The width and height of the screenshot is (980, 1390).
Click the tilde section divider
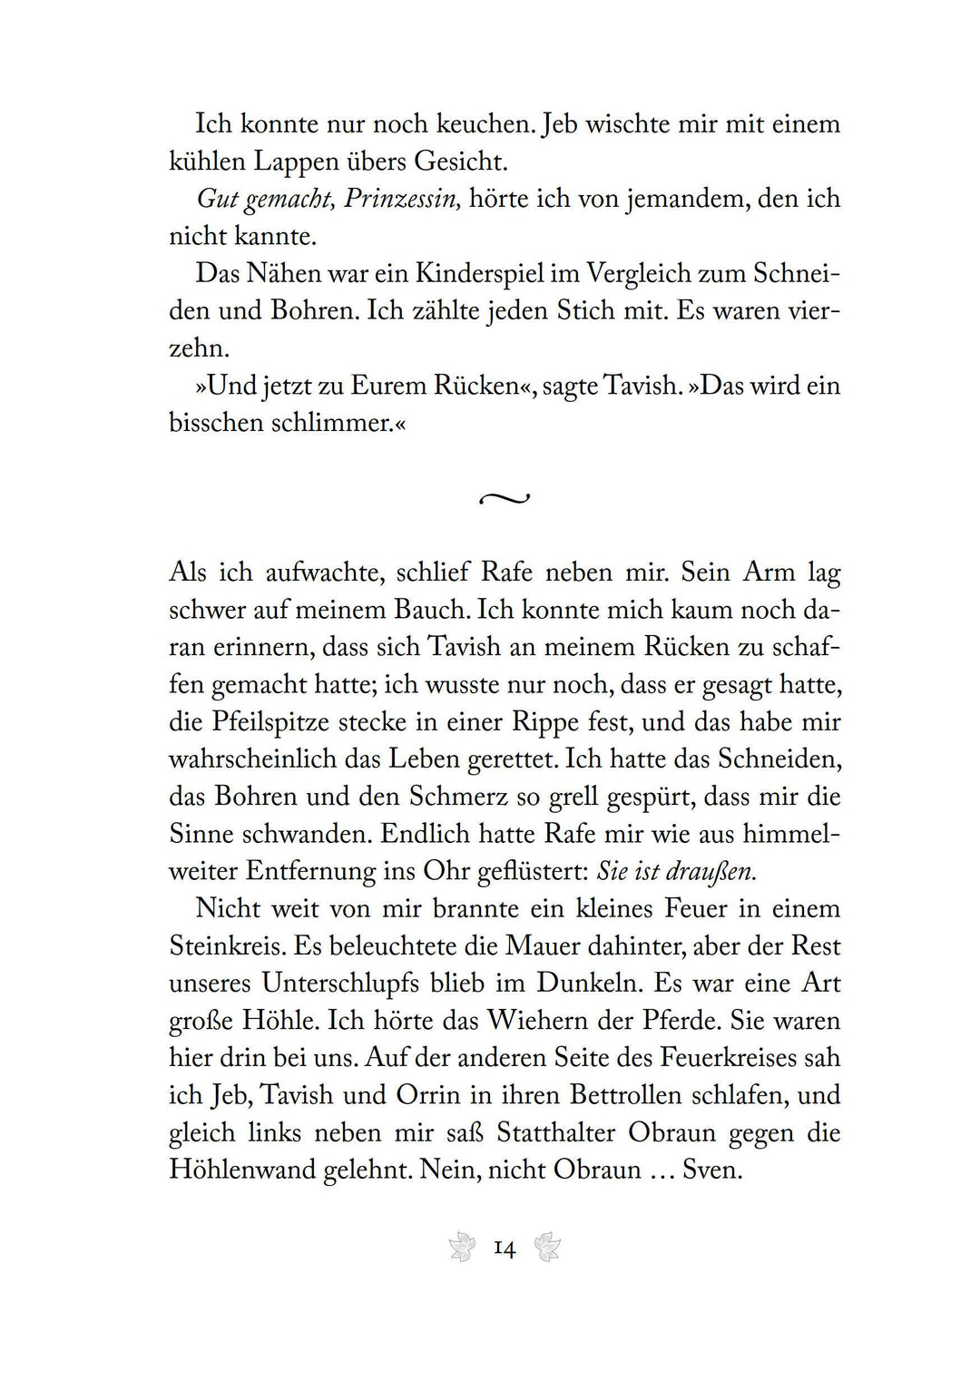[504, 498]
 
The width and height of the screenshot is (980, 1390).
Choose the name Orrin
[429, 1094]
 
